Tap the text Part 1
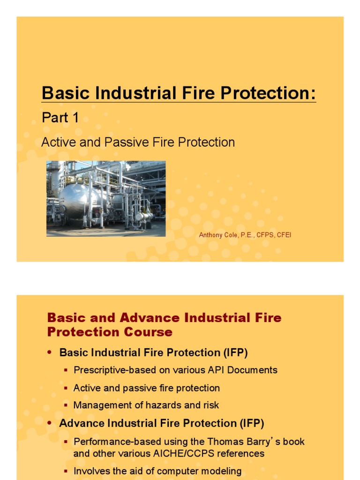[60, 118]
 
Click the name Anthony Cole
[218, 235]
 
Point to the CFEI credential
[284, 235]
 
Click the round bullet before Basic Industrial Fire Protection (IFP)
[50, 352]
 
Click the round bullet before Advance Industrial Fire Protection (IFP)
[50, 423]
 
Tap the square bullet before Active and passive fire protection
[66, 388]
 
